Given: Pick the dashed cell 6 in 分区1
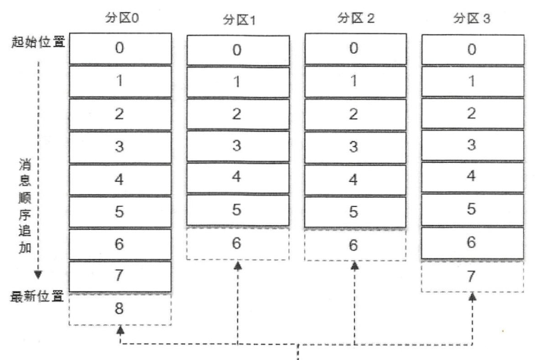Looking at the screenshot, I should [x=238, y=244].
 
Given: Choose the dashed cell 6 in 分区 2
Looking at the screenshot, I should [x=355, y=245].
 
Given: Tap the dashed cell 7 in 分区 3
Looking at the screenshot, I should [x=472, y=275].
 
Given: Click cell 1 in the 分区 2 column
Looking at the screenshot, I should [x=355, y=81].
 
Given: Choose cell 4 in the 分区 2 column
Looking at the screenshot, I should [x=355, y=180].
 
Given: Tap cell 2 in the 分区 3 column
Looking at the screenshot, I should [x=472, y=113].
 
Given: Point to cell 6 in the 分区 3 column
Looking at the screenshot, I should [x=472, y=242].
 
